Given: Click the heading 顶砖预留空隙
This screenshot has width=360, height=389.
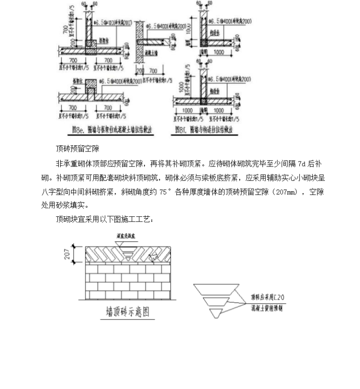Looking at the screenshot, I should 77,149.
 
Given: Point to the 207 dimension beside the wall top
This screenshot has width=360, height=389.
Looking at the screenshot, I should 66,255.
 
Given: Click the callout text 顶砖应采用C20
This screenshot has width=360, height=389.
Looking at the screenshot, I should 268,298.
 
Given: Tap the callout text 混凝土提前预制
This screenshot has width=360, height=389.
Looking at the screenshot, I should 268,308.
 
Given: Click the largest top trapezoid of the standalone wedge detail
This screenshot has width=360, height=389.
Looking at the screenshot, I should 216,289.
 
